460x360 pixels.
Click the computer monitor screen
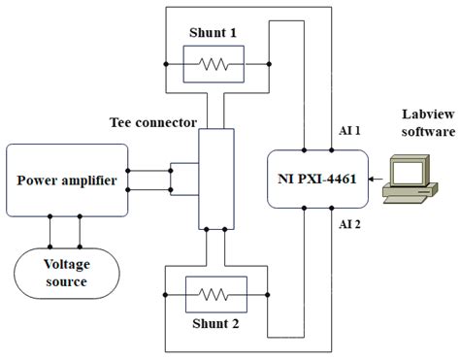(x=405, y=172)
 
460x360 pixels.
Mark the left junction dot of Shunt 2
(x=166, y=292)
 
